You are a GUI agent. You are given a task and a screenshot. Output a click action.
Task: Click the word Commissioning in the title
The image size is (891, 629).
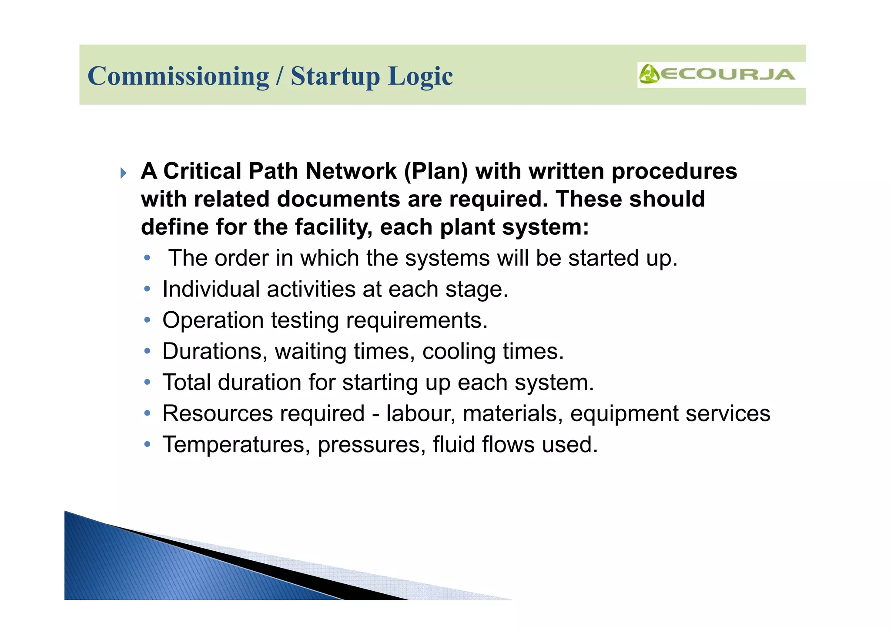coord(178,77)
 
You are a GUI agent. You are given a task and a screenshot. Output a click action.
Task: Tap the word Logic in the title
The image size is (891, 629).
coord(420,77)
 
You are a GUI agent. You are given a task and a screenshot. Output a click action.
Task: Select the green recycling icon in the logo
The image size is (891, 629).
coord(649,74)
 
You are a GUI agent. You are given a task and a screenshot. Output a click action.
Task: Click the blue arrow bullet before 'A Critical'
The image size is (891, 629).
coord(123,173)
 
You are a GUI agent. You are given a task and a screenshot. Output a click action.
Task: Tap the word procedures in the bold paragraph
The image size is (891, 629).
coord(674,171)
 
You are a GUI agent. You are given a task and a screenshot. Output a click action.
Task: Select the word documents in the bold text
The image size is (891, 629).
coord(338,199)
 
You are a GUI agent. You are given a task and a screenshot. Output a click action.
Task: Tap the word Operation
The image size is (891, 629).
coord(213,320)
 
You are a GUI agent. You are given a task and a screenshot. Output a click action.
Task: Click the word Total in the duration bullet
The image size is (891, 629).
coord(187,383)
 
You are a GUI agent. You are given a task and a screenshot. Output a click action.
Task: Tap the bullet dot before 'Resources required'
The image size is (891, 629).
coord(147,413)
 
